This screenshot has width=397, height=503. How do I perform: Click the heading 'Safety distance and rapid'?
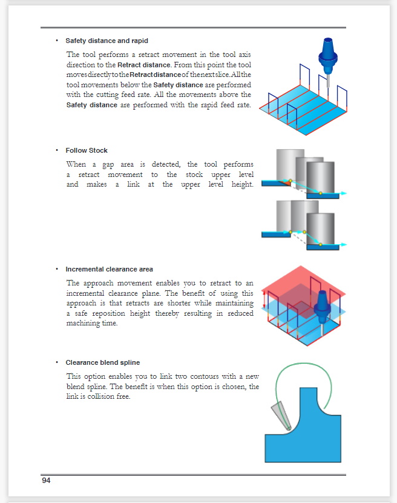point(107,41)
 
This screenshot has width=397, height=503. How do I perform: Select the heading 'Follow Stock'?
point(87,150)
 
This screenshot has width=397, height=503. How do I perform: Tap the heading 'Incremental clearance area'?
point(109,269)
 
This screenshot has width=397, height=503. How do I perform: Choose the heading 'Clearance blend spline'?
point(102,363)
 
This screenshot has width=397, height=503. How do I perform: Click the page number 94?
point(46,481)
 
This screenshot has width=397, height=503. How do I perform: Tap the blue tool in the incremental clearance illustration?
point(321,306)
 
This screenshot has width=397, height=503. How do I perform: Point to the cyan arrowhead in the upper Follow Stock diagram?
point(344,192)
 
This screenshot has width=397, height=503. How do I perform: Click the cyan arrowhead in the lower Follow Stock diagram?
point(344,244)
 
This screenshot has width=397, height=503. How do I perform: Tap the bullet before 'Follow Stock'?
point(56,150)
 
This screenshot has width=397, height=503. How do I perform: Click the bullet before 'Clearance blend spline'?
point(56,363)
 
